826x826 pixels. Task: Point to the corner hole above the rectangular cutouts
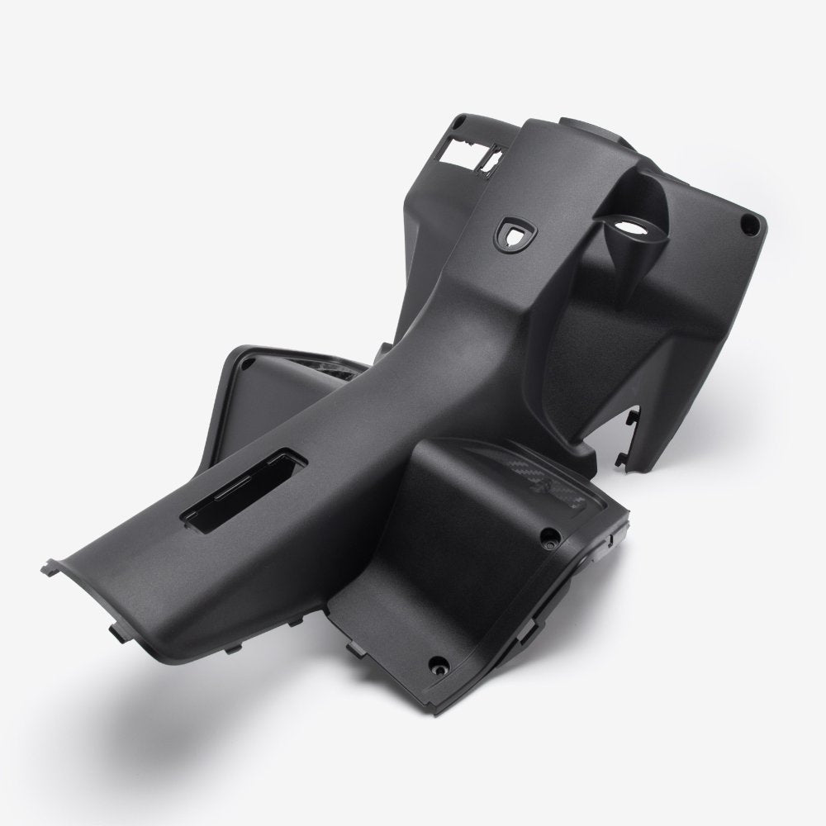tap(457, 124)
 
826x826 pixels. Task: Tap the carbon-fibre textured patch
tap(537, 485)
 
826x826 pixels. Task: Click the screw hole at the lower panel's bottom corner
tap(439, 662)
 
